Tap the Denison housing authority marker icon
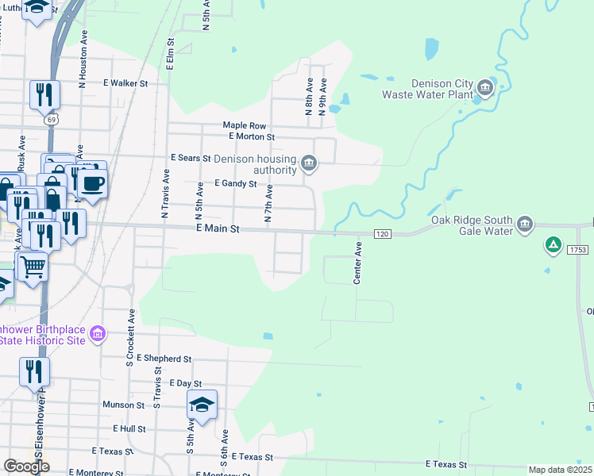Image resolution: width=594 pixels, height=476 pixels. (310, 165)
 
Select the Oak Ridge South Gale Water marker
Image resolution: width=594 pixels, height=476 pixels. (524, 225)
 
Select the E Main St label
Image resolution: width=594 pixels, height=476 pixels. (218, 228)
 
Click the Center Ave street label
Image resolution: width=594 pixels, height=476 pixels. (357, 263)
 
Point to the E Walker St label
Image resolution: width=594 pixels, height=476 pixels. (125, 83)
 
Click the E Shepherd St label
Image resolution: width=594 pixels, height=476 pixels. (164, 359)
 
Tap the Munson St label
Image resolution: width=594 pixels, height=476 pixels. (123, 405)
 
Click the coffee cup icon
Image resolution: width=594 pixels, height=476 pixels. (92, 183)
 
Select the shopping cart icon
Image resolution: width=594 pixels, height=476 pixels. (33, 265)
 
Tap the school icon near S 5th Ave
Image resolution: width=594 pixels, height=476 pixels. (202, 405)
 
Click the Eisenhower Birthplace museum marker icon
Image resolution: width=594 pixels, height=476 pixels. (97, 334)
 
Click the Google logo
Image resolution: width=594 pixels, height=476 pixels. (25, 466)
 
